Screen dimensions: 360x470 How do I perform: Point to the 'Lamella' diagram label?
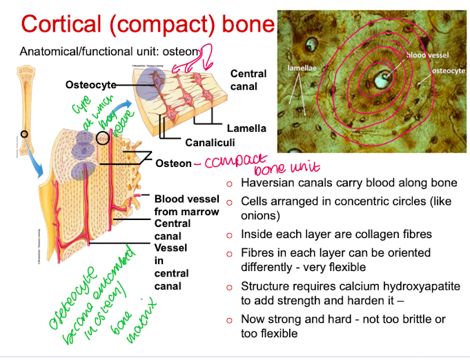(246, 128)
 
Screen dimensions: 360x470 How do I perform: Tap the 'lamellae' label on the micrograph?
(301, 69)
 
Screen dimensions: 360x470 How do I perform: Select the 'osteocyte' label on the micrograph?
(448, 70)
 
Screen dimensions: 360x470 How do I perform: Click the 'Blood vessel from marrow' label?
(186, 206)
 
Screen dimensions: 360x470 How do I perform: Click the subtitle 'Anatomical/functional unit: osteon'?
(110, 52)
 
